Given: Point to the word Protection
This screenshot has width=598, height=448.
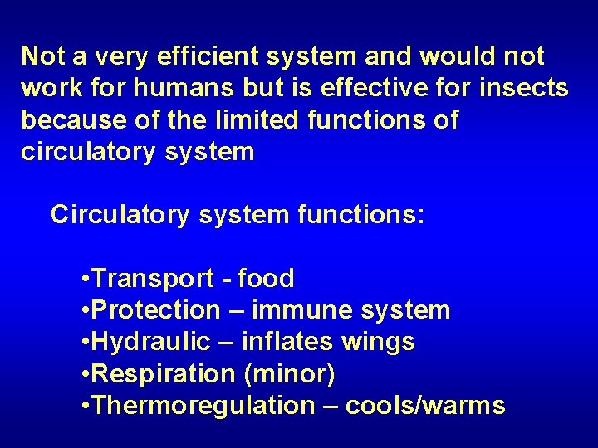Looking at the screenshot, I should tap(155, 310).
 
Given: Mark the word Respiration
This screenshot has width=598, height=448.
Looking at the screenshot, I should tap(164, 374).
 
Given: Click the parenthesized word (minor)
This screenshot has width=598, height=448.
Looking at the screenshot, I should tap(290, 374).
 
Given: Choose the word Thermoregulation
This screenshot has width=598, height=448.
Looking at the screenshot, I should tap(199, 406).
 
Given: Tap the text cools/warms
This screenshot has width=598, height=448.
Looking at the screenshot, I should tap(424, 406).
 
